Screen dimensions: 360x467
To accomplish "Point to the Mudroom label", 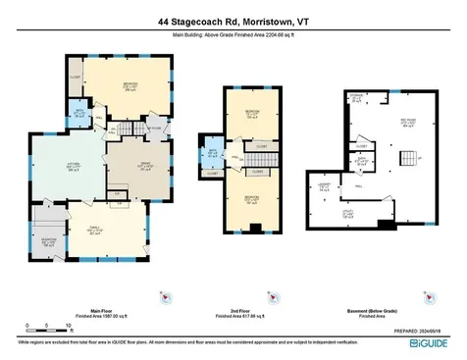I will pyautogui.click(x=47, y=241).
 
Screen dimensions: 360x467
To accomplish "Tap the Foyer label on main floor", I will pyautogui.click(x=156, y=126).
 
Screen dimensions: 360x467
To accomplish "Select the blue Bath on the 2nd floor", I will pyautogui.click(x=213, y=152).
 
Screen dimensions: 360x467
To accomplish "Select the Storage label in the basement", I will pyautogui.click(x=355, y=96).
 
